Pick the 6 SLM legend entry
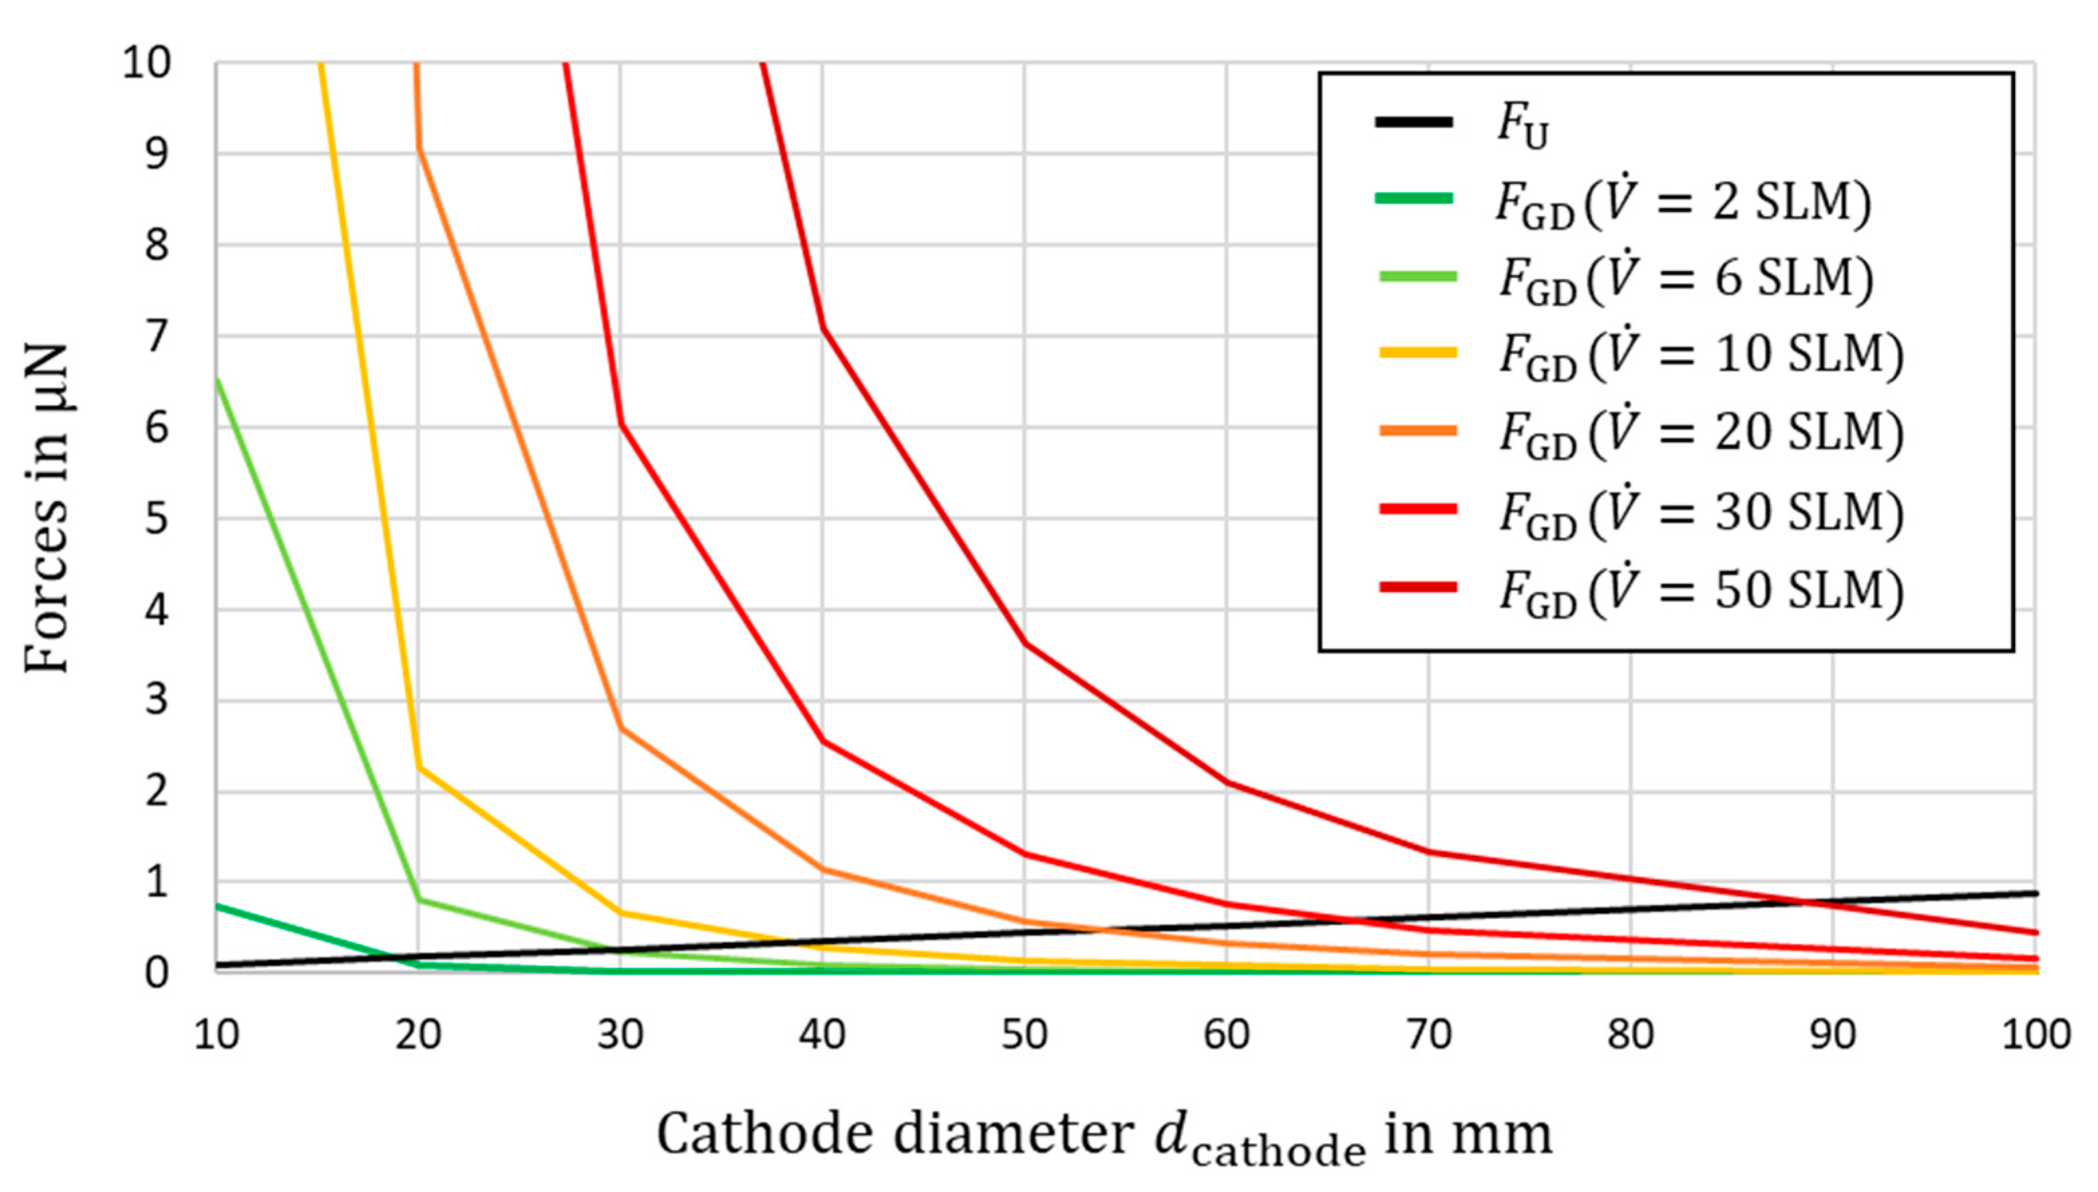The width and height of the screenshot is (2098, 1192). pyautogui.click(x=1685, y=278)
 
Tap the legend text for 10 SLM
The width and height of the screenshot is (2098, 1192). pyautogui.click(x=1700, y=355)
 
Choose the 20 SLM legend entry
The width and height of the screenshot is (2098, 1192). pyautogui.click(x=1700, y=432)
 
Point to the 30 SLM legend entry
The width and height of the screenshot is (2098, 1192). pyautogui.click(x=1700, y=512)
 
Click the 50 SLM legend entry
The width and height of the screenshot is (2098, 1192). pyautogui.click(x=1700, y=589)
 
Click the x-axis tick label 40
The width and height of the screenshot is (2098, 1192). pyautogui.click(x=822, y=1035)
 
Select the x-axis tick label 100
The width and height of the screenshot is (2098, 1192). pyautogui.click(x=2036, y=1035)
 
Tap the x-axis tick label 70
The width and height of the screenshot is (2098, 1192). pyautogui.click(x=1429, y=1035)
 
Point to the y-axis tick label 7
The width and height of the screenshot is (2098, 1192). pyautogui.click(x=157, y=336)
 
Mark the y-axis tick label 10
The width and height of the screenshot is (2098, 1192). pyautogui.click(x=147, y=62)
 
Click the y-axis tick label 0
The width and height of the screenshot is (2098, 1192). pyautogui.click(x=157, y=973)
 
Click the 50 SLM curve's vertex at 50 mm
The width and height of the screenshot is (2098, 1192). pyautogui.click(x=1025, y=643)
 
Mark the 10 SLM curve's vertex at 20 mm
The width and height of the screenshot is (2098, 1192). pyautogui.click(x=418, y=767)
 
